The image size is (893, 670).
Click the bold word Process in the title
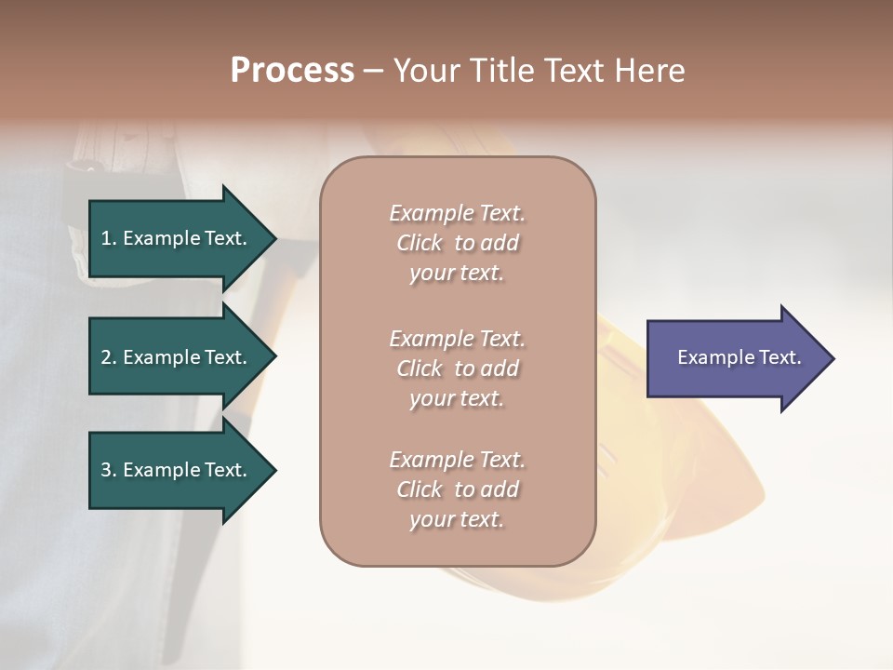tap(292, 71)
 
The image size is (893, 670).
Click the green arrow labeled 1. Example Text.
tap(177, 238)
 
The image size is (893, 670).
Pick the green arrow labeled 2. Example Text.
tap(177, 357)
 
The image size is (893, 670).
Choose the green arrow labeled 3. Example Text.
tap(177, 470)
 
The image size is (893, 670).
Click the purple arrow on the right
tap(735, 357)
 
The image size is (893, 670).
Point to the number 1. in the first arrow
tap(109, 238)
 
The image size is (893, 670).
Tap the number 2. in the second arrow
tap(109, 357)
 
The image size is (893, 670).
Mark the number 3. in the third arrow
tap(109, 470)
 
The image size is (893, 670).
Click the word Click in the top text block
tap(420, 243)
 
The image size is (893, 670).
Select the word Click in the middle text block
tap(420, 368)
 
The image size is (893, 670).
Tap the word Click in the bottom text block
tap(420, 489)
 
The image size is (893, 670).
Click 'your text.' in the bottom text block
tap(457, 519)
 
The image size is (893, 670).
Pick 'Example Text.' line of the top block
tap(457, 213)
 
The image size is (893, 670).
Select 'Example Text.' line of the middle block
tap(457, 339)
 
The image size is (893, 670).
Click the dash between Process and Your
tap(374, 72)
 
